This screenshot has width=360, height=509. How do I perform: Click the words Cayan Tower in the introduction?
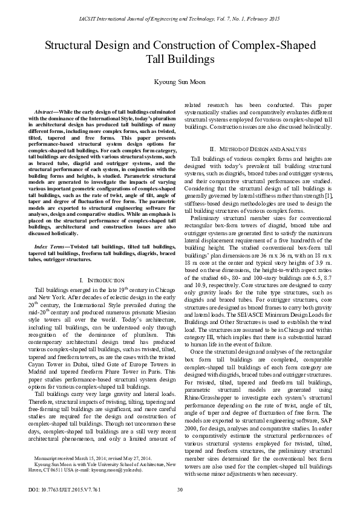[x=50, y=359]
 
